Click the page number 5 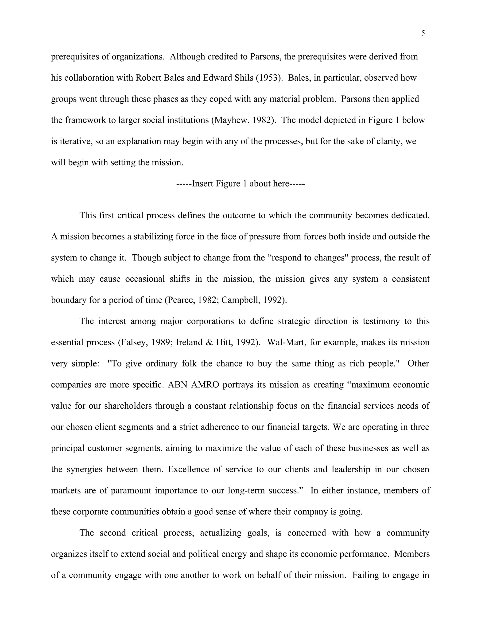423,33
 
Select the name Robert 149,78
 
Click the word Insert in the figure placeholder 203,183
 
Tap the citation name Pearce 182,300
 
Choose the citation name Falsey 134,342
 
